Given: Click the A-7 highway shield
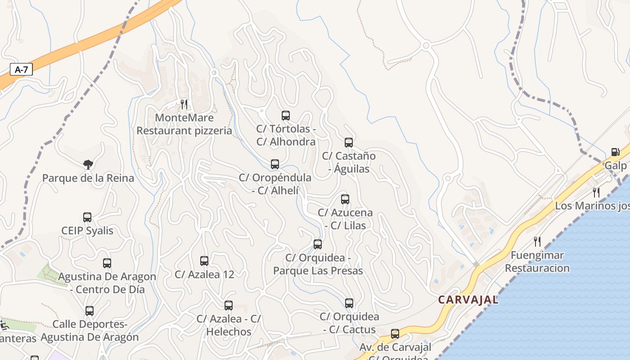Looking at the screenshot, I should (21, 69).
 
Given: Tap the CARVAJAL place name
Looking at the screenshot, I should (468, 300).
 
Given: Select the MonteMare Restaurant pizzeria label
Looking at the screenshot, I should (184, 124).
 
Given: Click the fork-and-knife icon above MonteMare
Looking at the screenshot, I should (184, 104).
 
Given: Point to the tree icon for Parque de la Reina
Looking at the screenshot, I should (88, 164).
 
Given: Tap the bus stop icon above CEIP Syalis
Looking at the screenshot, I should (87, 217).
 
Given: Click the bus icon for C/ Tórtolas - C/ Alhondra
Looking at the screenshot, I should (286, 116).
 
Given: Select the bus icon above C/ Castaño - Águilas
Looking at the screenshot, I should (349, 143).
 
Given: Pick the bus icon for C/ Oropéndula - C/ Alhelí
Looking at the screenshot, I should (275, 164).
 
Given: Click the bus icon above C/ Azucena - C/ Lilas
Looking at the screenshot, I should (345, 199).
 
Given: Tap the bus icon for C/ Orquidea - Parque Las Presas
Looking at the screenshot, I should (318, 244).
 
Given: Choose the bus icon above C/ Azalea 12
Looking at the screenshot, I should (204, 261).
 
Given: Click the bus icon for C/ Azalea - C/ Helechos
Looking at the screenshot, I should (229, 306).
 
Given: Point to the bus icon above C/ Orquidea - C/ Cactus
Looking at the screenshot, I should (349, 303).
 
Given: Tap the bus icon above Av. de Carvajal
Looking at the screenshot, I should (395, 334).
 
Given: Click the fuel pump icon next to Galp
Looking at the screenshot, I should (615, 152).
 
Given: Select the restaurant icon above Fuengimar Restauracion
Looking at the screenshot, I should (537, 241).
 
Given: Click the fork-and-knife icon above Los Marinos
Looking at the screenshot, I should (596, 193).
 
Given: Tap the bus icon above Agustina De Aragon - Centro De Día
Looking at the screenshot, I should (107, 263).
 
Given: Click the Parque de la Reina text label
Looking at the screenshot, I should (88, 178).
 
